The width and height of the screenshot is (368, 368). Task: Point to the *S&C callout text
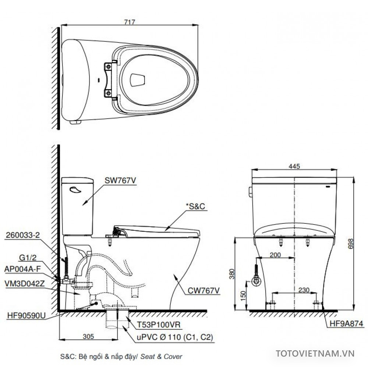coord(196,207)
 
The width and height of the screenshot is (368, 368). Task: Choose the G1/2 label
coord(28,260)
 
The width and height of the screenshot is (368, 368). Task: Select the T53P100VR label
coord(157,325)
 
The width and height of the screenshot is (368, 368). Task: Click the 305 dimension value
coord(88,336)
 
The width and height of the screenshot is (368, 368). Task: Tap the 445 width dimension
coord(294,166)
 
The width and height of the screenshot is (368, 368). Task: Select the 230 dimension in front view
coord(294,290)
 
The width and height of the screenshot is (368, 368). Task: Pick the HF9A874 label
coord(345,324)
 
